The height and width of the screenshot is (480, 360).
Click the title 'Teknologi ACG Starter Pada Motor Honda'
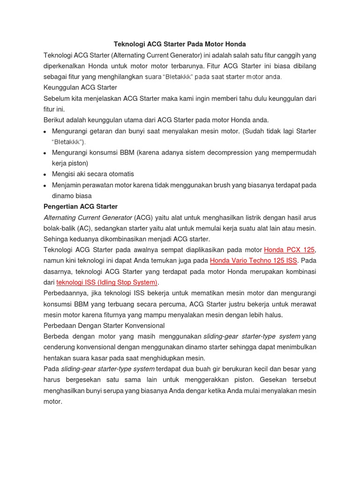tap(180, 44)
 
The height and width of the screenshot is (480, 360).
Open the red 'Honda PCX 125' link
tap(289, 250)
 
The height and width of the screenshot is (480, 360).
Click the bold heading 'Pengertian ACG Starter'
tap(81, 206)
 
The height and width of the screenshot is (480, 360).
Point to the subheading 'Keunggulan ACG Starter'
tap(80, 87)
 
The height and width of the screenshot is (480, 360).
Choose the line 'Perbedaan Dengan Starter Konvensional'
tap(104, 325)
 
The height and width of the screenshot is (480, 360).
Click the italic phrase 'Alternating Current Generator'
tap(88, 217)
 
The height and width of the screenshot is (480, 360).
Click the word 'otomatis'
tap(119, 174)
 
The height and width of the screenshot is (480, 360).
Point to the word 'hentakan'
tap(58, 358)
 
